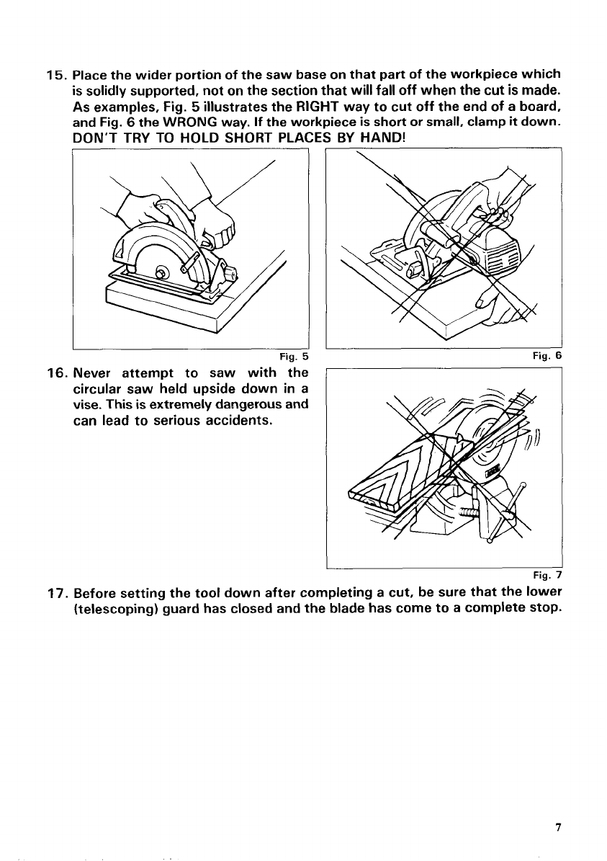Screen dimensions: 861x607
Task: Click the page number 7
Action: click(557, 827)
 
